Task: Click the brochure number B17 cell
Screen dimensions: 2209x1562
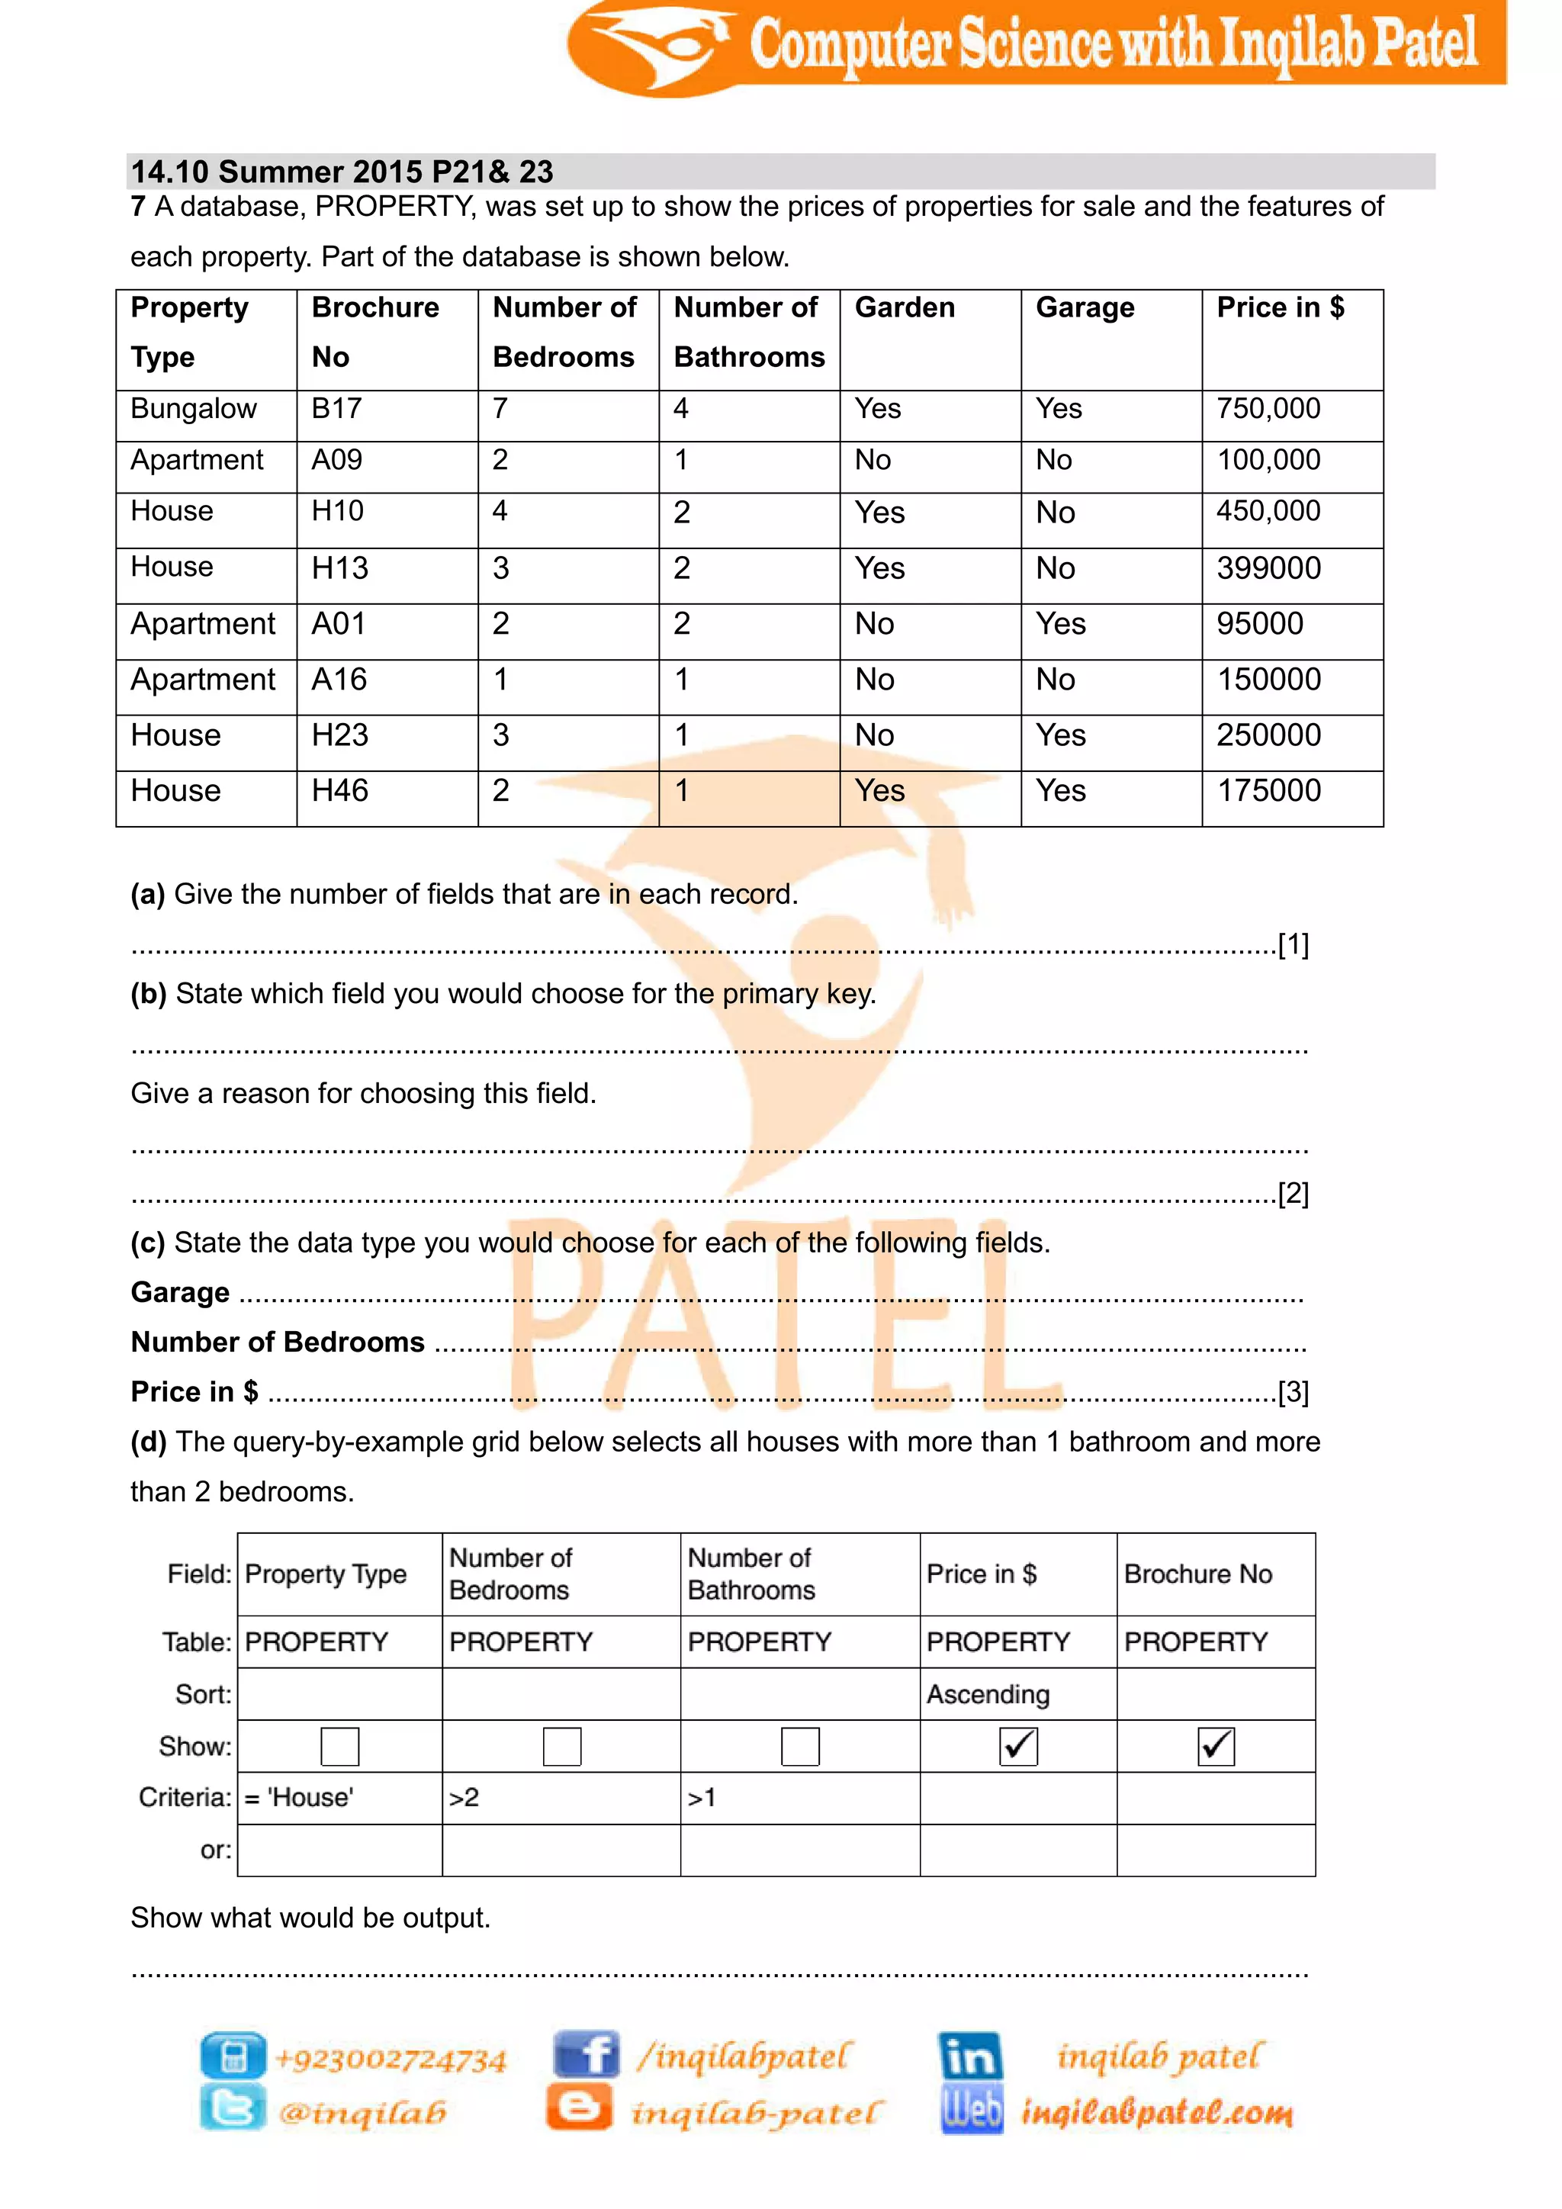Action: click(x=336, y=409)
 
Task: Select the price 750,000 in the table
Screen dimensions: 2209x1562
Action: click(x=1268, y=409)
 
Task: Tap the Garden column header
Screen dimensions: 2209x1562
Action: click(x=904, y=308)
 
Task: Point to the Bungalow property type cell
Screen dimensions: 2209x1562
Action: click(x=193, y=409)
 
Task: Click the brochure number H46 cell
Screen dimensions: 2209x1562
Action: click(x=339, y=791)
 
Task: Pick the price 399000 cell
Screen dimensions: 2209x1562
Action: click(x=1268, y=568)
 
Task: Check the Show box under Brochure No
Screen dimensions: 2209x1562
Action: click(x=1216, y=1746)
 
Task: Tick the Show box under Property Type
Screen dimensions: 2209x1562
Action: click(x=339, y=1746)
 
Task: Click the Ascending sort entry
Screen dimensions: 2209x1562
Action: click(x=988, y=1694)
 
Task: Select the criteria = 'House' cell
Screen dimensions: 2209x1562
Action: click(x=299, y=1797)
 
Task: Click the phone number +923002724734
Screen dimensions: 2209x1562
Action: click(x=390, y=2059)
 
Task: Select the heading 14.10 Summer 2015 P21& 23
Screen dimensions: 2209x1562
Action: click(x=342, y=172)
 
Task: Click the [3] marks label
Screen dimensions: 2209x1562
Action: click(x=1293, y=1392)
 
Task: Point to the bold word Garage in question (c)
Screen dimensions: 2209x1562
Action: click(x=180, y=1292)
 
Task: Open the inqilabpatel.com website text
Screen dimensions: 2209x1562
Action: click(x=1156, y=2112)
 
